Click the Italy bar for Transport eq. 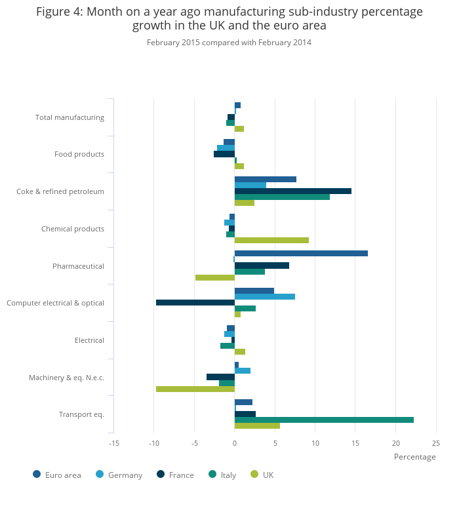[x=324, y=420]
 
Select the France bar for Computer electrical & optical [x=195, y=302]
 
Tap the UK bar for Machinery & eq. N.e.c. [x=195, y=389]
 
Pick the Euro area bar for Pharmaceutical [x=301, y=253]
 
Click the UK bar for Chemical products [x=271, y=240]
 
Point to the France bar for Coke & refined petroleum [x=293, y=191]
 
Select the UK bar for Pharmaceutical [x=215, y=277]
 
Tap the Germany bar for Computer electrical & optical [x=265, y=296]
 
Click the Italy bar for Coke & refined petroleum [x=282, y=197]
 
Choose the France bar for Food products [x=224, y=154]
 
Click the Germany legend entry [x=125, y=475]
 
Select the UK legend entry [x=268, y=475]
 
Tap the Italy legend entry [x=228, y=475]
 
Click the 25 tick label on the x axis [x=436, y=443]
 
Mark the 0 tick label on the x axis [x=235, y=443]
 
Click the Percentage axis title [x=414, y=457]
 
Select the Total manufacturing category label [x=70, y=117]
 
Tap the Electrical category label [x=89, y=340]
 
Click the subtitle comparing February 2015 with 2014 [x=229, y=43]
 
